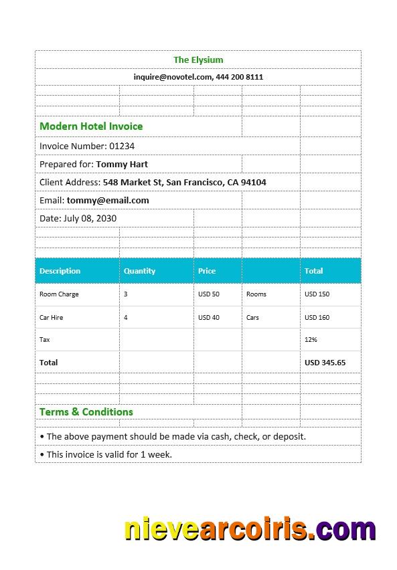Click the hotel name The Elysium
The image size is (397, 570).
pos(198,60)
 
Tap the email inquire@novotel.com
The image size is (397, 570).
pos(173,77)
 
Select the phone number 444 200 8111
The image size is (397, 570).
pos(240,77)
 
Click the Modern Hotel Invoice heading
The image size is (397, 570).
pos(91,126)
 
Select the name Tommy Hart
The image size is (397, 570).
pos(122,164)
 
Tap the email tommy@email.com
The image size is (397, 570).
pos(108,200)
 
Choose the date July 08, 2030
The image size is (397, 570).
pos(90,218)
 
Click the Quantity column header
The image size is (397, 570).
pos(139,271)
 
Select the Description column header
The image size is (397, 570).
pos(60,271)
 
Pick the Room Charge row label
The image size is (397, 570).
pos(59,294)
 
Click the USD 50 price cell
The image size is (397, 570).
pos(209,294)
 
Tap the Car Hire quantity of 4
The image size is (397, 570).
pos(126,318)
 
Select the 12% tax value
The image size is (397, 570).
pos(311,340)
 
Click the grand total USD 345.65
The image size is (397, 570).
pos(325,363)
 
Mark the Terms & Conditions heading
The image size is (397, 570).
pos(86,412)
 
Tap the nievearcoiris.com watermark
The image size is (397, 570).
pos(250,529)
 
